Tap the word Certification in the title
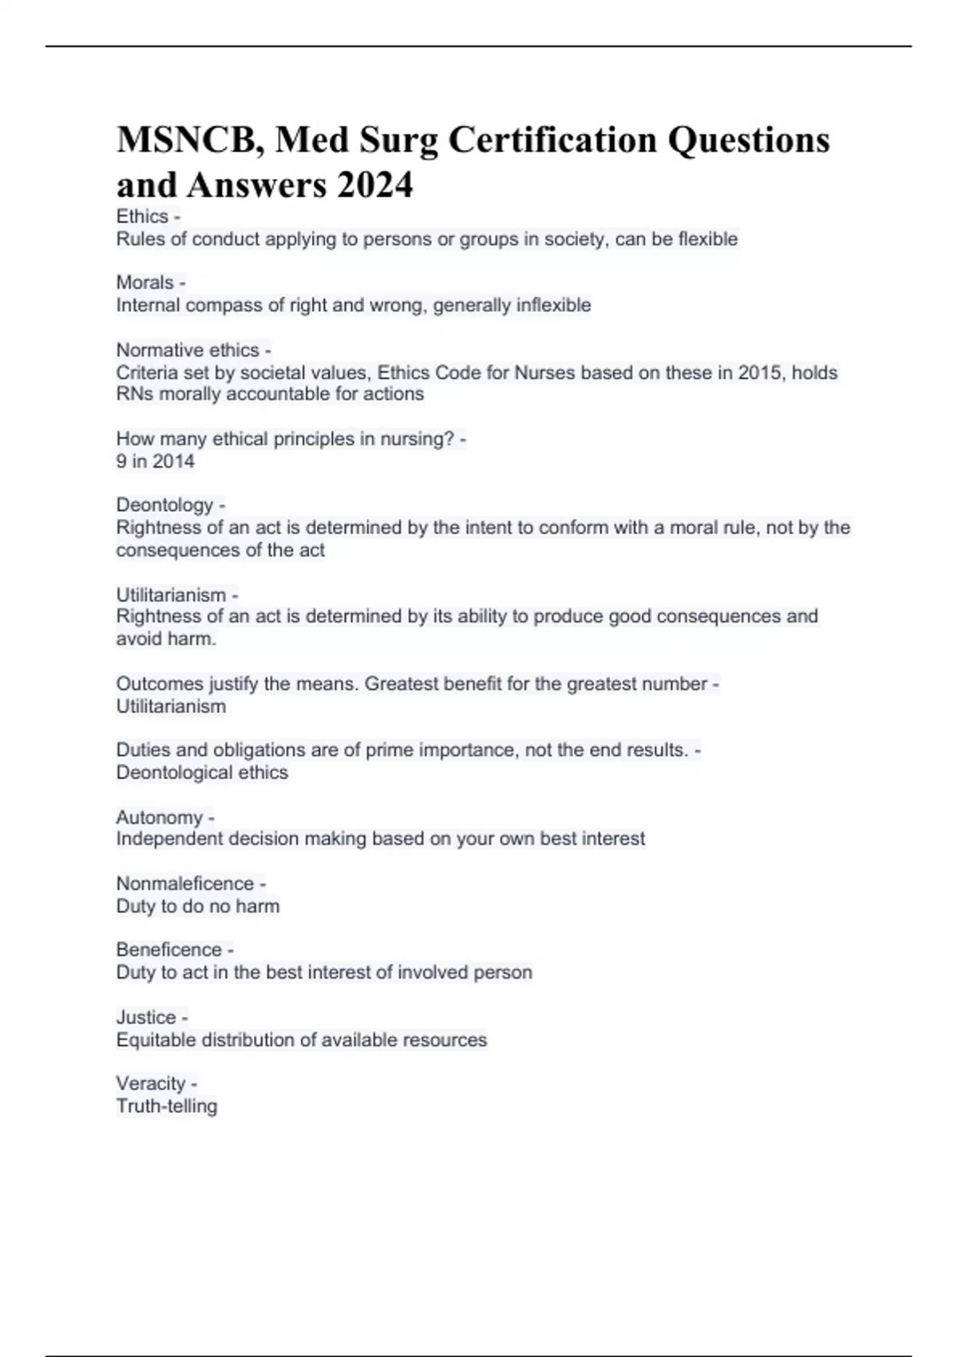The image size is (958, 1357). (x=552, y=140)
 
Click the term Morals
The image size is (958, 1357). (x=144, y=283)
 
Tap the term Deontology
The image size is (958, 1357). (x=164, y=505)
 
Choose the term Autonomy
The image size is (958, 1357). (x=159, y=817)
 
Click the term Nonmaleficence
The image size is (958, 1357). (x=184, y=884)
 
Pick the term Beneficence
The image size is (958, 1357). (x=168, y=950)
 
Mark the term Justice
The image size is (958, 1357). (x=146, y=1018)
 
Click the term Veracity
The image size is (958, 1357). (x=151, y=1084)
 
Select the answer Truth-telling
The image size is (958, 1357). (x=167, y=1106)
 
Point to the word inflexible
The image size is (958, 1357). (x=553, y=305)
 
